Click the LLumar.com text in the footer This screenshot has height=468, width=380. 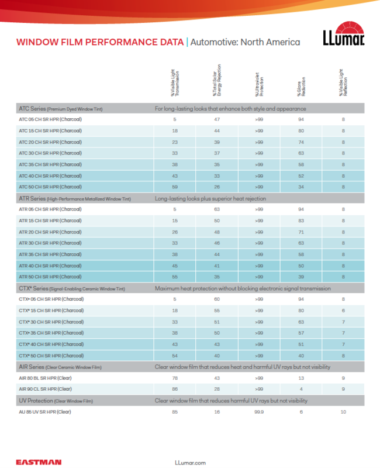pyautogui.click(x=191, y=462)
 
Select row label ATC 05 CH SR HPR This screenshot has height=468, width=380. pyautogui.click(x=50, y=119)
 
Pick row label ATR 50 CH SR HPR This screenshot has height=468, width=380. pyautogui.click(x=50, y=277)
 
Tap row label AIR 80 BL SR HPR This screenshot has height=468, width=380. pyautogui.click(x=45, y=378)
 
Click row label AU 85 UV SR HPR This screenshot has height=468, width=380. pyautogui.click(x=45, y=412)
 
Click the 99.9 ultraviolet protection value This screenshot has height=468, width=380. pyautogui.click(x=259, y=412)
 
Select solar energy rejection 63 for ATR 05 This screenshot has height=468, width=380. pyautogui.click(x=217, y=209)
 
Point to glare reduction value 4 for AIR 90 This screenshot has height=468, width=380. pyautogui.click(x=301, y=389)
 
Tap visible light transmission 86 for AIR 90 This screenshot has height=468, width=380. pyautogui.click(x=175, y=389)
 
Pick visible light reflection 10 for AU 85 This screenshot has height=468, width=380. pyautogui.click(x=343, y=412)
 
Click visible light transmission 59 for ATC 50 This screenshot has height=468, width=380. pyautogui.click(x=175, y=187)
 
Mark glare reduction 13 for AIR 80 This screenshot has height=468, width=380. pyautogui.click(x=301, y=378)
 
